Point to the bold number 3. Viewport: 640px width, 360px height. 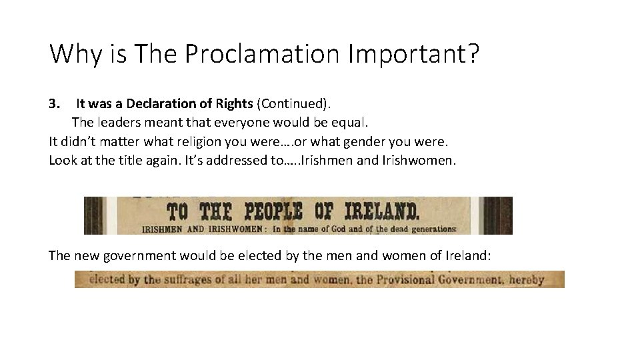(x=55, y=103)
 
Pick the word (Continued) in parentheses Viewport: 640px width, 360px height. (x=293, y=103)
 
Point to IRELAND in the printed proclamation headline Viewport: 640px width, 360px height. (x=378, y=212)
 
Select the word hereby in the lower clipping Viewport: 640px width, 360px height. (x=527, y=279)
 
